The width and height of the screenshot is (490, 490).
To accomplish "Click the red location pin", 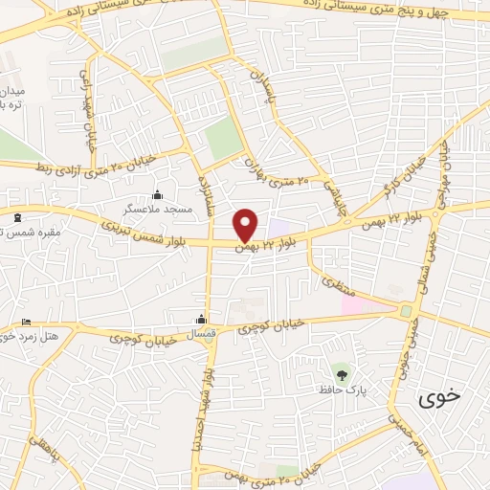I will [x=246, y=224].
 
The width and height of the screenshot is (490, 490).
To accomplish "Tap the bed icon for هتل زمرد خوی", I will [x=26, y=323].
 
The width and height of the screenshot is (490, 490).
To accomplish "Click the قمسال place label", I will [x=202, y=334].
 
